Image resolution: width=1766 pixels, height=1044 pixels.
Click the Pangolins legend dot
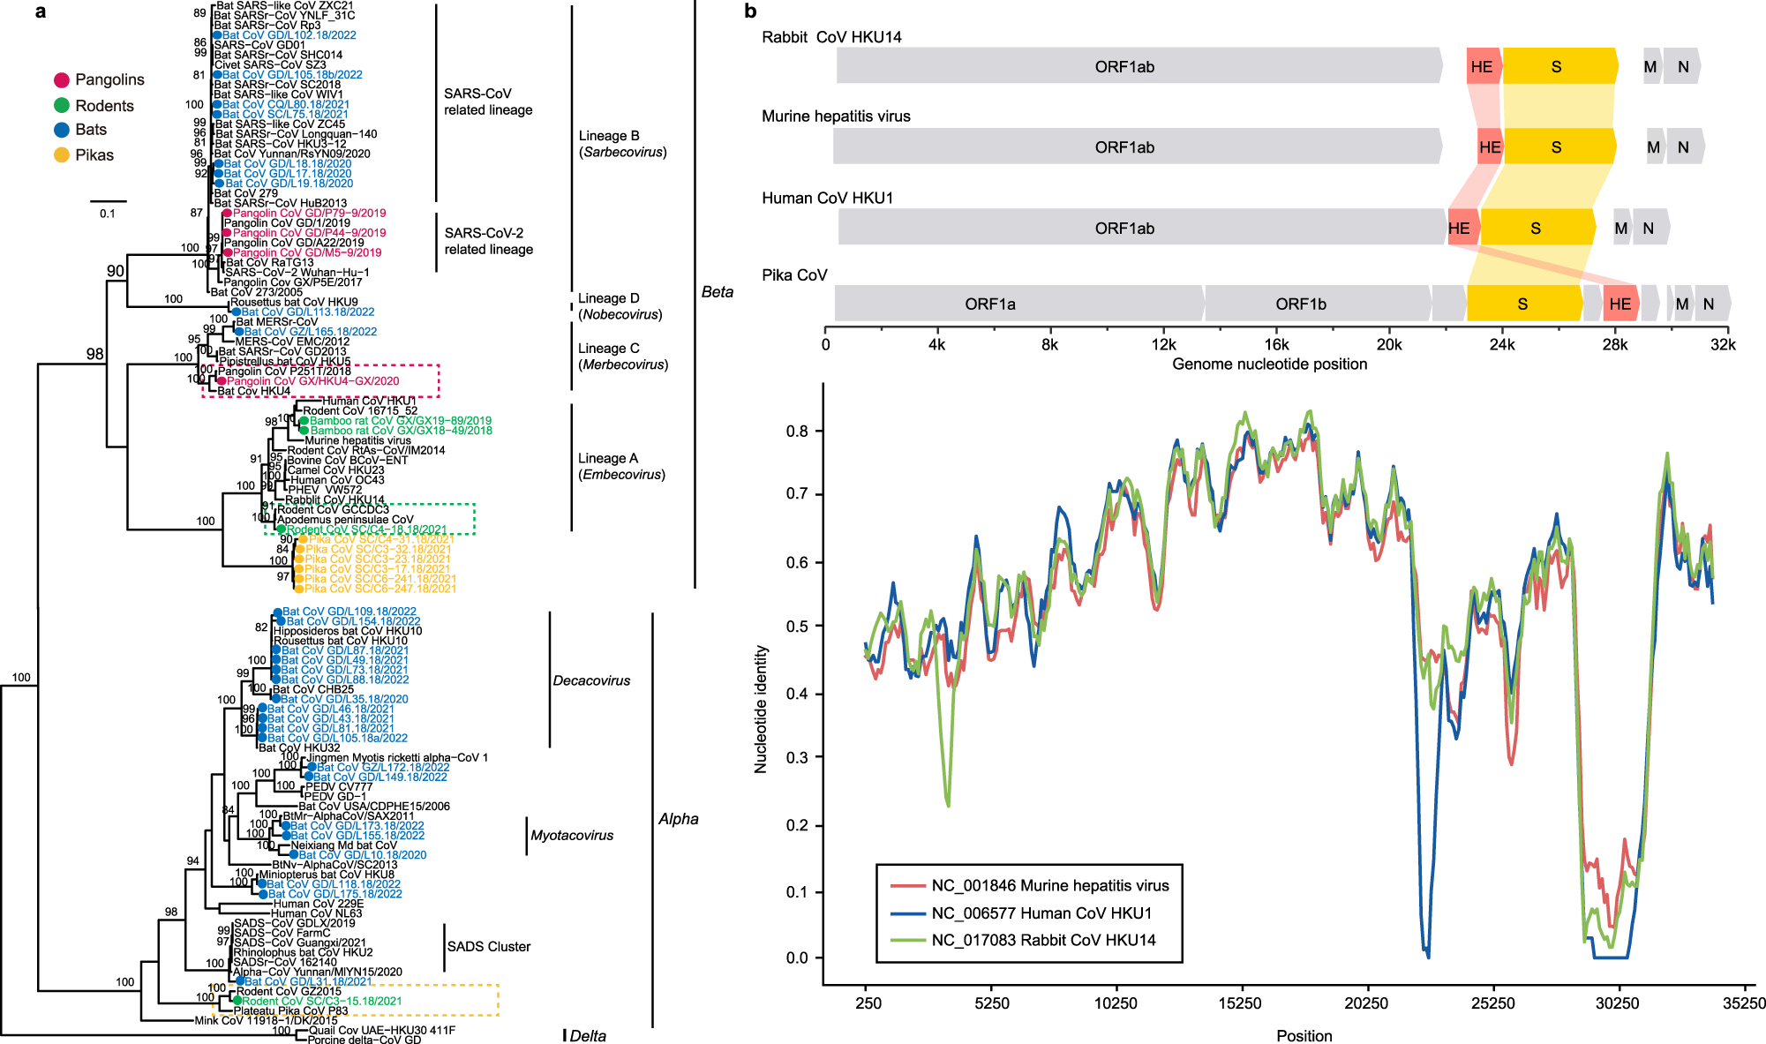tap(62, 80)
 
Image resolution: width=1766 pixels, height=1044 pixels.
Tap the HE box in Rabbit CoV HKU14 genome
tap(1482, 67)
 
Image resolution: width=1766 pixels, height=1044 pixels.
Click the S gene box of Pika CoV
tap(1522, 304)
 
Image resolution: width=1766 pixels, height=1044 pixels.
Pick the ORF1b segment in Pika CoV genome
tap(1301, 304)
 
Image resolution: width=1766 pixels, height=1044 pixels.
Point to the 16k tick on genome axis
tap(1276, 345)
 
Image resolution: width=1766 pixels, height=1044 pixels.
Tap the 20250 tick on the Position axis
tap(1366, 1003)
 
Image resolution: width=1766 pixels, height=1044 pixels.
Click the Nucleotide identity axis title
tap(761, 710)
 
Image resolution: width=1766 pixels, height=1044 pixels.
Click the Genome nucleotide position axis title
tap(1269, 364)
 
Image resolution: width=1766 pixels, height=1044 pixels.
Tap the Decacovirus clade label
tap(591, 681)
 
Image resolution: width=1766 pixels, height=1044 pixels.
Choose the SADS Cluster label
tap(488, 947)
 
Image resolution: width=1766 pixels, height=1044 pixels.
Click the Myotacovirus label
tap(572, 836)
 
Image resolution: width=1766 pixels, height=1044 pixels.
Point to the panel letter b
tap(750, 11)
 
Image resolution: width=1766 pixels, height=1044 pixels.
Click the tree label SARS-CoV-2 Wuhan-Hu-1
tap(297, 273)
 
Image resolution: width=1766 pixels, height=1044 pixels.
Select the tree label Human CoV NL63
tap(316, 913)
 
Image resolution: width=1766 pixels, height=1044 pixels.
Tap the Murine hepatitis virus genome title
tap(836, 116)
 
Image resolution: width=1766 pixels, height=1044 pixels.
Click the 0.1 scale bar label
tap(107, 214)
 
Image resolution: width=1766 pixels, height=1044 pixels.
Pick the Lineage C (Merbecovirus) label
tap(622, 357)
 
